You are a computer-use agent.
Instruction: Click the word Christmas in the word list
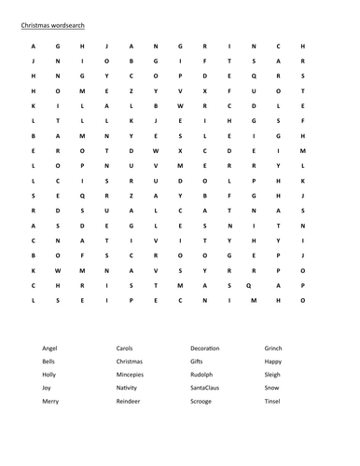tap(131, 360)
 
